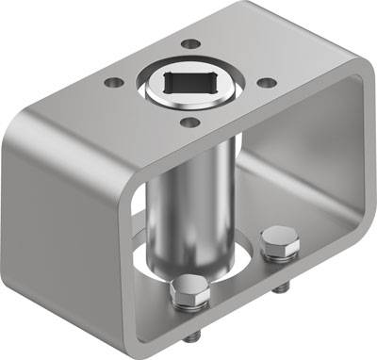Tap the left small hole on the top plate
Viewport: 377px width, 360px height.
pos(114,82)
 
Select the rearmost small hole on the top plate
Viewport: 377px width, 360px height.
pos(191,43)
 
